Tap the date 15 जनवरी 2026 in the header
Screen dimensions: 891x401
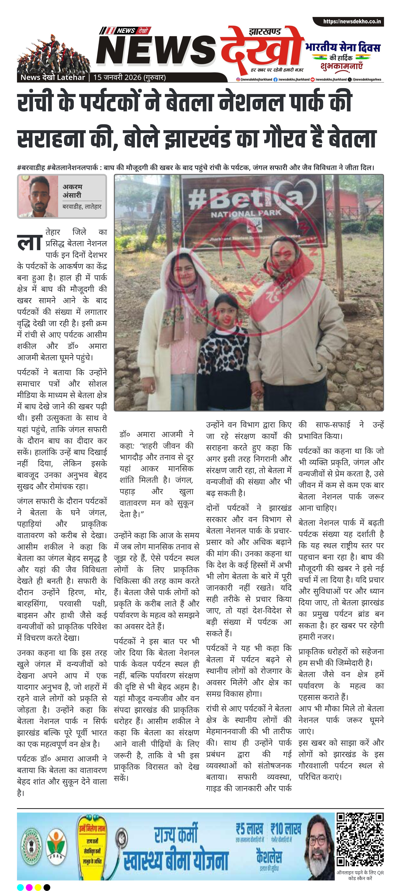point(118,78)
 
